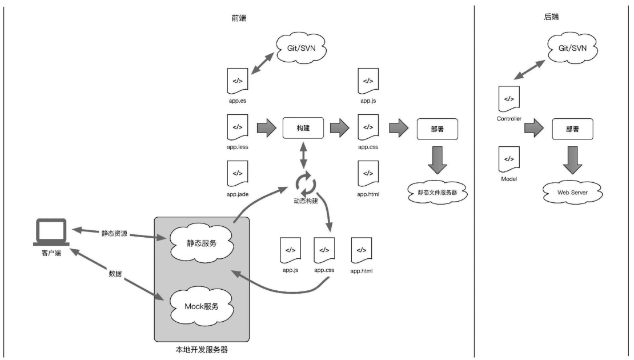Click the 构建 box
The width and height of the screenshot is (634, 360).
[x=303, y=128]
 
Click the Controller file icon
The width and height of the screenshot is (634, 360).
[x=509, y=99]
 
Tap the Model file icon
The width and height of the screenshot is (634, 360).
[x=509, y=158]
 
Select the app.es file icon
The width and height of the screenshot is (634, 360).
[x=236, y=80]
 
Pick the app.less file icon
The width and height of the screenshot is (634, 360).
[x=236, y=127]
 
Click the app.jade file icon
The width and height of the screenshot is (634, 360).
[x=236, y=173]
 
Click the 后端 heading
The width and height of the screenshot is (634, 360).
[x=552, y=18]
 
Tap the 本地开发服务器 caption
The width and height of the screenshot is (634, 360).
[x=201, y=349]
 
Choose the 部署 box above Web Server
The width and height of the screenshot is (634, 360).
[x=572, y=129]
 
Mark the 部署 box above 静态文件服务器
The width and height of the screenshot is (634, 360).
[x=437, y=129]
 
